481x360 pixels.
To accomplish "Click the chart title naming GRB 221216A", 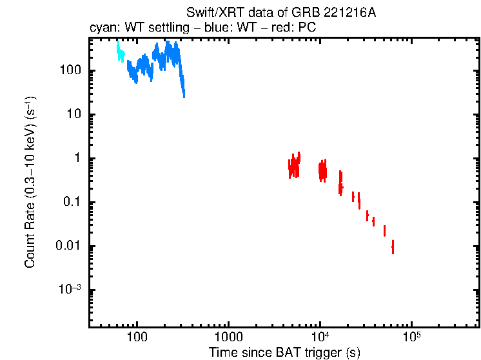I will tap(280, 13).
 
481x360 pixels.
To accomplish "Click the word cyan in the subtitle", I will tap(102, 28).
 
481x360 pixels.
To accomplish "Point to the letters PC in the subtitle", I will tap(306, 28).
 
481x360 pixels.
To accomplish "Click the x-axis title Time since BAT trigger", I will tap(284, 352).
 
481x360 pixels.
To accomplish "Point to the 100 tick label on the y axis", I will tap(68, 71).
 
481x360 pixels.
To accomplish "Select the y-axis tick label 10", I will tap(72, 115).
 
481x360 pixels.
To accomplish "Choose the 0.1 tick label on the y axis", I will tap(70, 203).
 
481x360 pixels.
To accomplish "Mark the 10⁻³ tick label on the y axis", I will tap(68, 289).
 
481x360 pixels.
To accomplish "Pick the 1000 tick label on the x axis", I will tap(228, 336).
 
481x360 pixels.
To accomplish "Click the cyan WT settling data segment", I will tap(120, 52).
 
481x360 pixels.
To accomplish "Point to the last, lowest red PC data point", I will tap(393, 246).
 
